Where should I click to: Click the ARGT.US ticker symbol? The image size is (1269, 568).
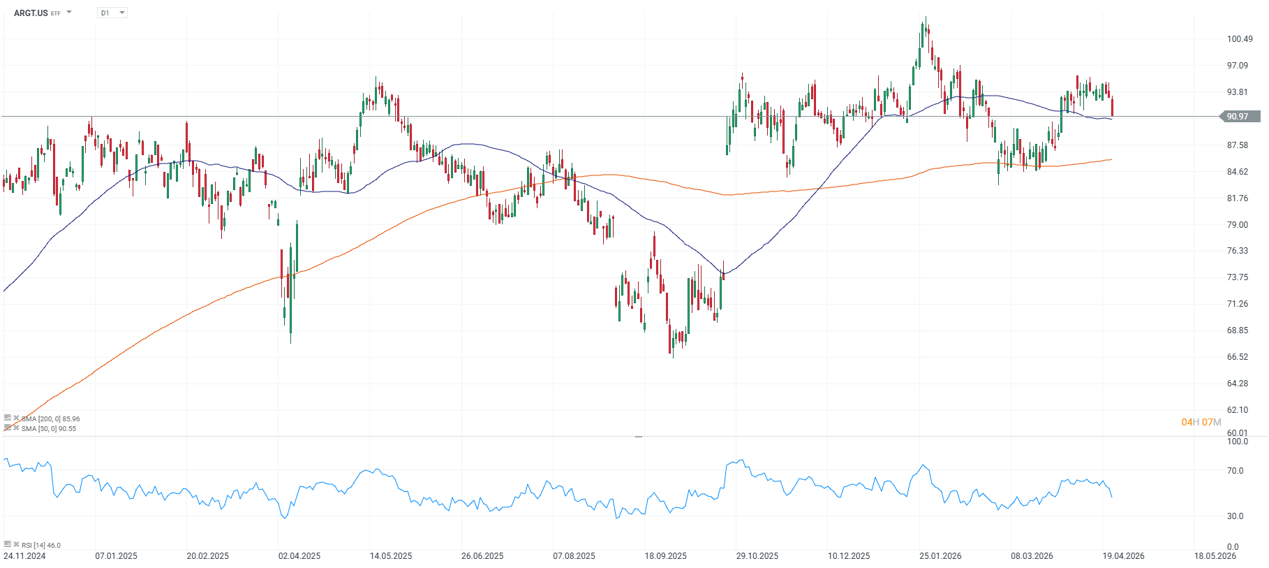(31, 13)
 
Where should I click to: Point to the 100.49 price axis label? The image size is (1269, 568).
(1240, 39)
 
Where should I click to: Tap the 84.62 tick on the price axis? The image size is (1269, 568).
(1238, 172)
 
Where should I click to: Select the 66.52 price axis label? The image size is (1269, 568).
(1238, 357)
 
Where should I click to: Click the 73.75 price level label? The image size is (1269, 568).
(1238, 277)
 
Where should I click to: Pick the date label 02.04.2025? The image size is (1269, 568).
(299, 556)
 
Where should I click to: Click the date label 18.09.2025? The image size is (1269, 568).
(665, 556)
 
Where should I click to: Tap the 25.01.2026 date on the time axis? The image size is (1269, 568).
(940, 556)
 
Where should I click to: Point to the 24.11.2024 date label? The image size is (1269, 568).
(24, 556)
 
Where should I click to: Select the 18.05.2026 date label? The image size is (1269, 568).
(1215, 556)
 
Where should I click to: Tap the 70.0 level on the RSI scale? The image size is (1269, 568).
(1235, 471)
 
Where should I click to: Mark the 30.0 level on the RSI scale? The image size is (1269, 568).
(1235, 516)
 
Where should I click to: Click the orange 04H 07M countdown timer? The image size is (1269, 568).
(1201, 422)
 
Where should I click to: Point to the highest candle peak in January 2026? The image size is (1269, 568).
(926, 18)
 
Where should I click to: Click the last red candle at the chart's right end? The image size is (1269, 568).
(1112, 107)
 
